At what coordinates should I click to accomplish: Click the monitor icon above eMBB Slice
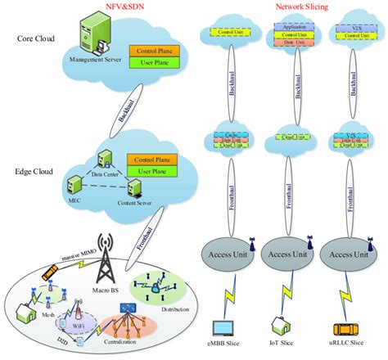(224, 326)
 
